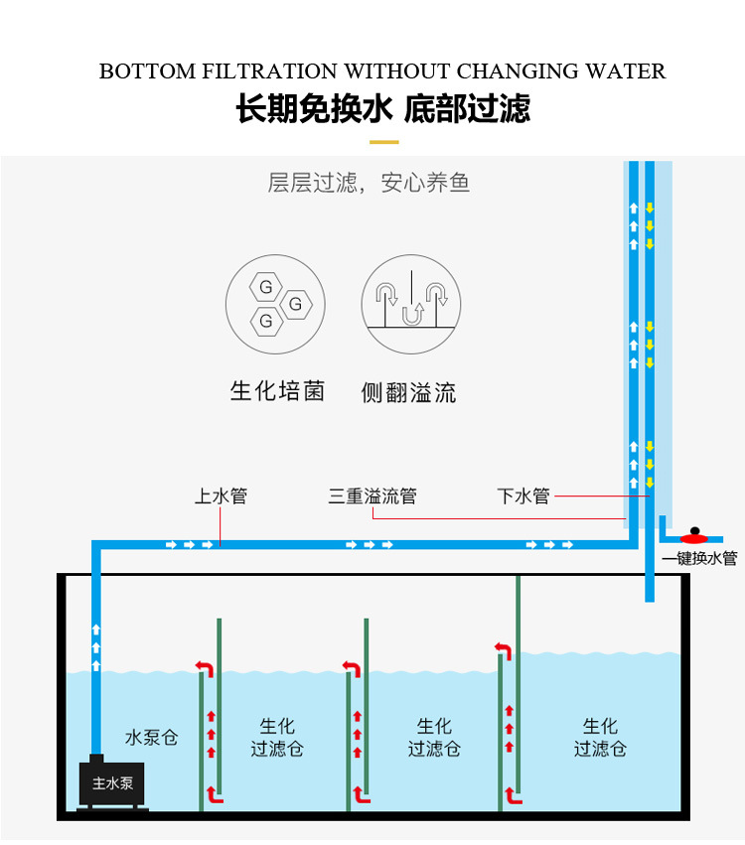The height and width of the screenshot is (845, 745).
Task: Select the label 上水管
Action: [221, 495]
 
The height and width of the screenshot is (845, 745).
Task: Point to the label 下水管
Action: [523, 495]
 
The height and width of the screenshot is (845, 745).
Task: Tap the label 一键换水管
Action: [699, 558]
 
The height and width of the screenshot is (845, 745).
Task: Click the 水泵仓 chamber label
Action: [151, 738]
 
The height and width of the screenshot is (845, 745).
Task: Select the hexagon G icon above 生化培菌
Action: [275, 304]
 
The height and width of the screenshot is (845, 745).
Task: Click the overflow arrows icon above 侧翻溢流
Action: [410, 304]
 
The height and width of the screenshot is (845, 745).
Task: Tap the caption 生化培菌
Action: [277, 390]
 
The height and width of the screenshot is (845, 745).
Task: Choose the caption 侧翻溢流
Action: [408, 392]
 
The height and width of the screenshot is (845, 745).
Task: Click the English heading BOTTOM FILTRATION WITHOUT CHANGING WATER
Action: [382, 71]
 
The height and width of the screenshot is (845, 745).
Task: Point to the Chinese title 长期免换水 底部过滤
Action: [382, 108]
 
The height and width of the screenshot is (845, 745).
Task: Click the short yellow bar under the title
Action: [383, 142]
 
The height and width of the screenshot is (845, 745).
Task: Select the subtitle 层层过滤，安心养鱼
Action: [369, 183]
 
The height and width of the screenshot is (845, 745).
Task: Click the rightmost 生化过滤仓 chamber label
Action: [599, 738]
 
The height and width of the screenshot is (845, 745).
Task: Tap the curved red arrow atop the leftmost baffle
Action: [204, 667]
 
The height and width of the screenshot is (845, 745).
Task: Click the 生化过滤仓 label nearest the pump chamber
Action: [277, 738]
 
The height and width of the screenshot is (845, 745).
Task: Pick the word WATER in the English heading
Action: [626, 71]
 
